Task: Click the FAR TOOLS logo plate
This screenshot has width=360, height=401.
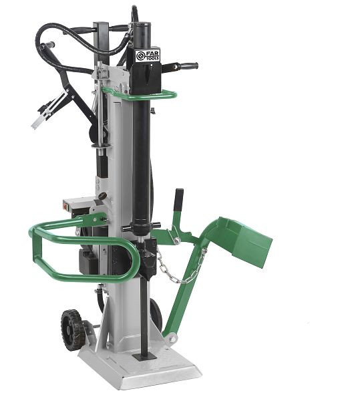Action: click(x=148, y=55)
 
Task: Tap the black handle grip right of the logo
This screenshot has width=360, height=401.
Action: click(x=187, y=66)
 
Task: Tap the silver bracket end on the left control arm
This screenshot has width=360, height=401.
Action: click(x=40, y=120)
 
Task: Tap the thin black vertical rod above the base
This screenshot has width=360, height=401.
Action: click(x=144, y=314)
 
